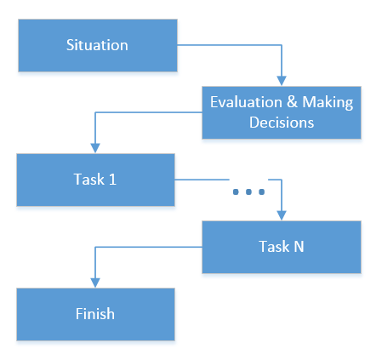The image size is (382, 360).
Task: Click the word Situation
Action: (x=97, y=45)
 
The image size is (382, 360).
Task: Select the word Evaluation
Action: (x=246, y=102)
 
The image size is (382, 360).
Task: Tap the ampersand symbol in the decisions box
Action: (x=292, y=102)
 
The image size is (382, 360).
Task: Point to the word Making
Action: (x=328, y=103)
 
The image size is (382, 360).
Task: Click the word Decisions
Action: (x=282, y=123)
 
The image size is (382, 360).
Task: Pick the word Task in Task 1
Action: (x=89, y=180)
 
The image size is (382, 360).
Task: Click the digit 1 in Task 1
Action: (x=112, y=180)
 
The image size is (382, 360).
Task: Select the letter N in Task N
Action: (x=299, y=246)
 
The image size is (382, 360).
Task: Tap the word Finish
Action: (x=95, y=314)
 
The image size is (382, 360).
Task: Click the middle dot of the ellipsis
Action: (x=248, y=192)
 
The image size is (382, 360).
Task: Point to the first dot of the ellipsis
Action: (x=236, y=192)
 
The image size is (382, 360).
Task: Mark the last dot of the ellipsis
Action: (x=262, y=192)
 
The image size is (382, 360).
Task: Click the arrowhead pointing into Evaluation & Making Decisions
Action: (x=282, y=81)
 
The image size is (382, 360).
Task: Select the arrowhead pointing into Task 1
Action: (x=95, y=148)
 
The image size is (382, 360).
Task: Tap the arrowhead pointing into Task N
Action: (x=282, y=215)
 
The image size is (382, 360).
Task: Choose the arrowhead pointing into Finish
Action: (x=95, y=283)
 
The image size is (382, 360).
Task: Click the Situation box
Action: (x=98, y=45)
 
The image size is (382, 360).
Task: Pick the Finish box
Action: (x=95, y=314)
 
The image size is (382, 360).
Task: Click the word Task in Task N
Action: (x=275, y=246)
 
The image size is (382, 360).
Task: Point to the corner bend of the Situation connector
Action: (x=282, y=45)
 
